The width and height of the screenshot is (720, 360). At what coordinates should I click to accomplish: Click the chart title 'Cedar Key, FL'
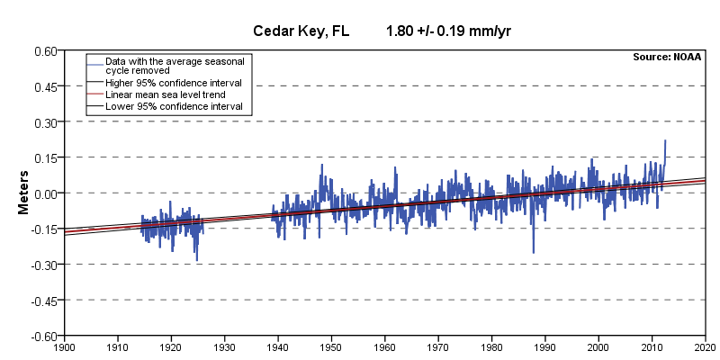(294, 31)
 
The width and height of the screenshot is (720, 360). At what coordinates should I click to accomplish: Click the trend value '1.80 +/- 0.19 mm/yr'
(449, 31)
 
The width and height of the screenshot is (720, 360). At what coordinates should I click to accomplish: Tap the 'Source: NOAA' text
(667, 57)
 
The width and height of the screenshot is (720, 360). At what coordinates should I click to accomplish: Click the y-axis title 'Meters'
(26, 193)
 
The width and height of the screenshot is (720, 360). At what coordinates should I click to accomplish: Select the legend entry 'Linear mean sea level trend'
(166, 94)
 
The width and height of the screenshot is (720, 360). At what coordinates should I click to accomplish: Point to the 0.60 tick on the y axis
(45, 50)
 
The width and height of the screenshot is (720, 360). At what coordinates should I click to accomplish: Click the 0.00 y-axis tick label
(45, 193)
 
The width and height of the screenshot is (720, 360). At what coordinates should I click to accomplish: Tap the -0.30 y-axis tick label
(43, 265)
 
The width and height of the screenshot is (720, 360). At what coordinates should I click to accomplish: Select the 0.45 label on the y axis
(45, 86)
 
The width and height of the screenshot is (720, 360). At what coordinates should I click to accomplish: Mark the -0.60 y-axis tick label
(43, 336)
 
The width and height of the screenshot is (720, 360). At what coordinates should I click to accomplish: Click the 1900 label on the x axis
(64, 346)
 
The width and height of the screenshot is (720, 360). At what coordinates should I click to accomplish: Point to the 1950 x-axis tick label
(331, 346)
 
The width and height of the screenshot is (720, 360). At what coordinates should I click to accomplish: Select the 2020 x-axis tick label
(705, 346)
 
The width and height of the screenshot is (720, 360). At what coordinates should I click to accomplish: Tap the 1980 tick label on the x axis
(491, 346)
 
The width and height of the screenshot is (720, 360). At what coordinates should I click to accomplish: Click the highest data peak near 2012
(665, 140)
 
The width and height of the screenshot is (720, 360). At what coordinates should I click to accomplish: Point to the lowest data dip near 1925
(196, 260)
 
